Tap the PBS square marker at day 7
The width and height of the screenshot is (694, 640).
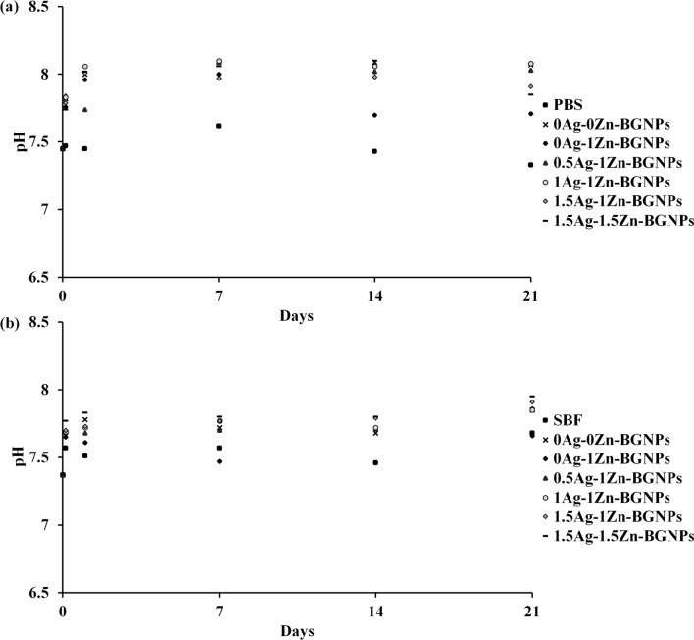pos(219,126)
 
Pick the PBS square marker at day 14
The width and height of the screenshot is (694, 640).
pos(374,151)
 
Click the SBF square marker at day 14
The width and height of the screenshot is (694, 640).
pos(374,462)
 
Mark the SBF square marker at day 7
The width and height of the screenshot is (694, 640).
pos(219,448)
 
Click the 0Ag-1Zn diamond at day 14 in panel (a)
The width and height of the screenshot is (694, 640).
pos(374,115)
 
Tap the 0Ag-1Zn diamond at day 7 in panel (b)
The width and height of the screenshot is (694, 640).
pos(219,461)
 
